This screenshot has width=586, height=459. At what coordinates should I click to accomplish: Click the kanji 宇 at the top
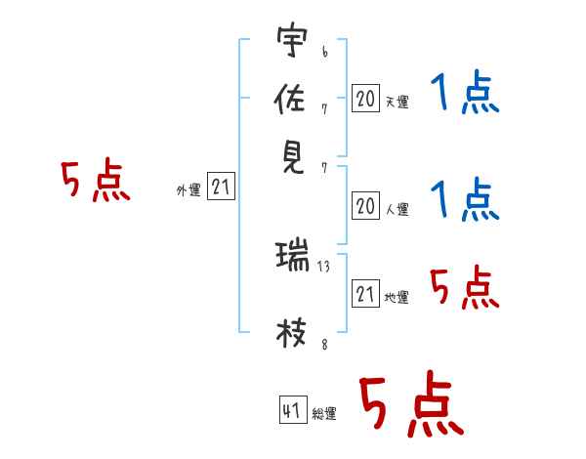pos(292,39)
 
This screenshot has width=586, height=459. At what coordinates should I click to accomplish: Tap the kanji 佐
pos(290,98)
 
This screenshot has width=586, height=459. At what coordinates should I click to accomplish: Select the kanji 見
pos(293,157)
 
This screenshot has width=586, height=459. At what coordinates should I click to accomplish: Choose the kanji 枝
pos(291,333)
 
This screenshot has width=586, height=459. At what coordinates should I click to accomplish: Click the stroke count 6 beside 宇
pos(325,52)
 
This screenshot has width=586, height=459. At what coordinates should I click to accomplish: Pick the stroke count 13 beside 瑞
pos(323,267)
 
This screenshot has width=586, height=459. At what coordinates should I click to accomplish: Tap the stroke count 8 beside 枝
pos(325,344)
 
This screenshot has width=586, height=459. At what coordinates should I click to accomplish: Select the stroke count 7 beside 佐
pos(324,109)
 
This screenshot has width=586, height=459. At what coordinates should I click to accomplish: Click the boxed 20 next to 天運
pos(365,98)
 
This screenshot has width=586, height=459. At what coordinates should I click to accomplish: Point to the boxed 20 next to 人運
pos(365,206)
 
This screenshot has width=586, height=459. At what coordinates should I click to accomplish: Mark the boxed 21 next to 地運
pos(365,293)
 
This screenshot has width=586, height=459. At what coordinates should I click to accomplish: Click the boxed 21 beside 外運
pos(221,186)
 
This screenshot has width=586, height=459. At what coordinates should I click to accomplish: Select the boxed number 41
pos(293,409)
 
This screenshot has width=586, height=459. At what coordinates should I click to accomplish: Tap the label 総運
pos(324,413)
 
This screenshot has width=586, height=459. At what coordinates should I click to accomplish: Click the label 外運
pos(188,189)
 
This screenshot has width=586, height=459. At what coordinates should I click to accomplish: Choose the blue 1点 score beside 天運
pos(465,93)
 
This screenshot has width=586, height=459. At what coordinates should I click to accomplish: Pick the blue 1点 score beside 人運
pos(465,200)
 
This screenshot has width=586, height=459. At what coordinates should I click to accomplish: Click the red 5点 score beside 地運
pos(465,287)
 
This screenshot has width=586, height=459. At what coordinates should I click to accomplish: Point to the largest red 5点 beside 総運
pos(412,403)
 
